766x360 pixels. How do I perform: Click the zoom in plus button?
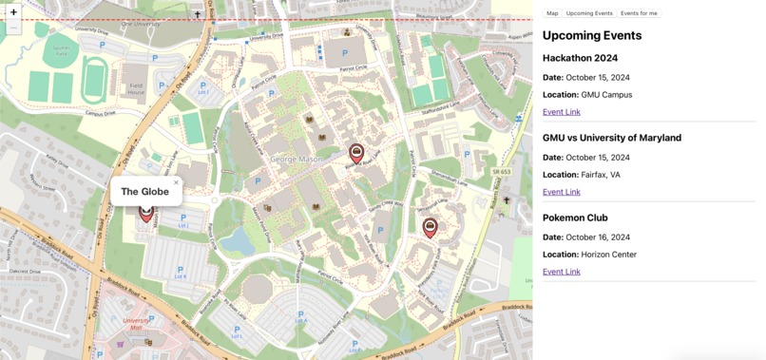pyautogui.click(x=13, y=12)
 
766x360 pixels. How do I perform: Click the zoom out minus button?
pyautogui.click(x=13, y=28)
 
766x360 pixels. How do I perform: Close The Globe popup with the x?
pyautogui.click(x=176, y=182)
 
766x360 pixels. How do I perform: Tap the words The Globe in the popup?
pyautogui.click(x=144, y=192)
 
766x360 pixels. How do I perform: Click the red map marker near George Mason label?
pyautogui.click(x=356, y=153)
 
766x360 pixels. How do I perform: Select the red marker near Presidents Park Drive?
pyautogui.click(x=430, y=226)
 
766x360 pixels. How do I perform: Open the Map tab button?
pyautogui.click(x=552, y=13)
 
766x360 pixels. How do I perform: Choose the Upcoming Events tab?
pyautogui.click(x=589, y=13)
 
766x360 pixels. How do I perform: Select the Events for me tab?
pyautogui.click(x=639, y=13)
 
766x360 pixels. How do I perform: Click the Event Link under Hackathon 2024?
pyautogui.click(x=561, y=112)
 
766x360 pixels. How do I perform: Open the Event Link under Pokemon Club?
pyautogui.click(x=561, y=272)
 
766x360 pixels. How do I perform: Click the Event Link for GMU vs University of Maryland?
pyautogui.click(x=561, y=192)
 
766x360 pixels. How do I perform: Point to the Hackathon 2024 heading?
pyautogui.click(x=580, y=58)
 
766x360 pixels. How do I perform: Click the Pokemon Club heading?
pyautogui.click(x=575, y=218)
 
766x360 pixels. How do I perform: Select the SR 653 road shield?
pyautogui.click(x=501, y=172)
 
